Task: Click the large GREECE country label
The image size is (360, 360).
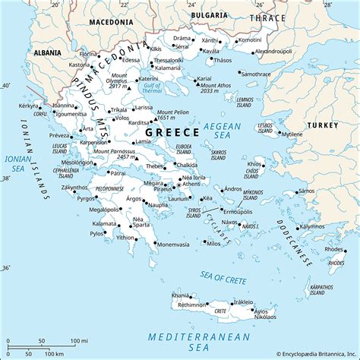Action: (167, 131)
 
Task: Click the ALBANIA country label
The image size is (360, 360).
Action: (48, 53)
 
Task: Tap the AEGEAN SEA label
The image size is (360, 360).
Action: (226, 130)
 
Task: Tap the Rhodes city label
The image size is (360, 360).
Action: (333, 248)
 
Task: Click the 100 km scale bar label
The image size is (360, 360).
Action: (54, 354)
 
